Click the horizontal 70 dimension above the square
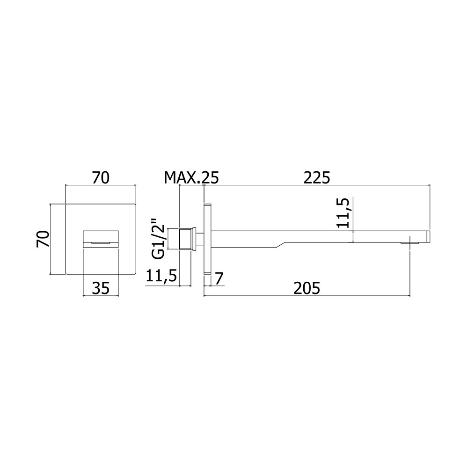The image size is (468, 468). pyautogui.click(x=101, y=178)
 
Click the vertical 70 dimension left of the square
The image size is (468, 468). pyautogui.click(x=43, y=239)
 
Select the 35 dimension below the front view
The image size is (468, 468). pyautogui.click(x=101, y=288)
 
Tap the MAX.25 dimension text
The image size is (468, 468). pyautogui.click(x=191, y=178)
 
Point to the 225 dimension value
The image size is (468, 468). pyautogui.click(x=317, y=178)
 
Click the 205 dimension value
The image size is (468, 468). pyautogui.click(x=307, y=288)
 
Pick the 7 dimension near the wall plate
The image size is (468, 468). pyautogui.click(x=219, y=279)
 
